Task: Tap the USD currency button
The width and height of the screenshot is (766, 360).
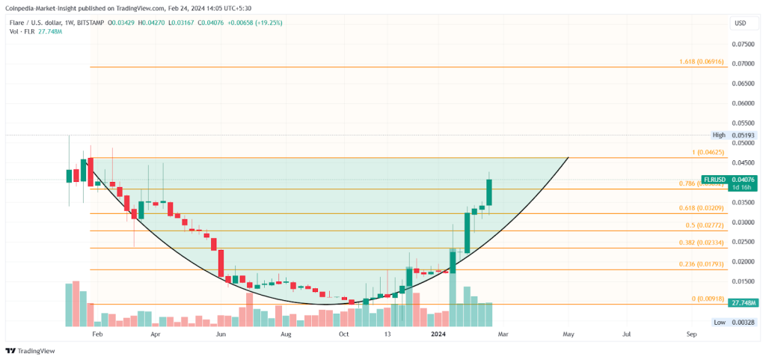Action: [741, 23]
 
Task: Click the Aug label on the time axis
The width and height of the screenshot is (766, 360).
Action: [286, 335]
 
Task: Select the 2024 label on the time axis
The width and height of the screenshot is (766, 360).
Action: [438, 335]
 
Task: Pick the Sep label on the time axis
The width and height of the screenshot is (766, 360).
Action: [692, 335]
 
